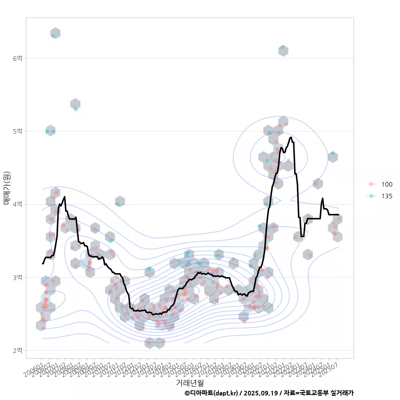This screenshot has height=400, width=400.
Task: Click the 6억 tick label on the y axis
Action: pyautogui.click(x=17, y=58)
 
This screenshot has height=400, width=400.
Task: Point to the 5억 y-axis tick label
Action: pyautogui.click(x=17, y=131)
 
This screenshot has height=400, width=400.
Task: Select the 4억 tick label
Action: pyautogui.click(x=17, y=204)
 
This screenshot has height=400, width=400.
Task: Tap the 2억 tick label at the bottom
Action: pyautogui.click(x=17, y=350)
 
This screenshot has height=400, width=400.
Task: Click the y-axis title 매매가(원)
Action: pyautogui.click(x=7, y=187)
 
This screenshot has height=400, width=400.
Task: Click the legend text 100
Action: pyautogui.click(x=387, y=185)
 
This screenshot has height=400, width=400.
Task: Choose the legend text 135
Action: pyautogui.click(x=387, y=196)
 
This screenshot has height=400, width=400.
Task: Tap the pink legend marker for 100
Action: pyautogui.click(x=372, y=185)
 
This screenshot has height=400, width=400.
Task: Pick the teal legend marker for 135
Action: pyautogui.click(x=372, y=196)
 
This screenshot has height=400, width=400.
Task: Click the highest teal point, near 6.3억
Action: pyautogui.click(x=53, y=36)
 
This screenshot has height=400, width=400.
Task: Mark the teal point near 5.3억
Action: pyautogui.click(x=76, y=109)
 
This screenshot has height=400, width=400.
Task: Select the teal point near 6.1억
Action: pyautogui.click(x=282, y=47)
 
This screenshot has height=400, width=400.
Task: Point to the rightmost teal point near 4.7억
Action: pyautogui.click(x=332, y=154)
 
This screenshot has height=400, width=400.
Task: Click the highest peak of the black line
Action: pyautogui.click(x=291, y=137)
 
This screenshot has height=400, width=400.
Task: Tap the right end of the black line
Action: pyautogui.click(x=338, y=215)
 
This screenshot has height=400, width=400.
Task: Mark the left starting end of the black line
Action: pyautogui.click(x=42, y=263)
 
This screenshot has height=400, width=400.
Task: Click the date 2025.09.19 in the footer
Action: pyautogui.click(x=261, y=393)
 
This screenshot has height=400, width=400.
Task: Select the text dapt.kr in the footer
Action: pyautogui.click(x=225, y=393)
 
